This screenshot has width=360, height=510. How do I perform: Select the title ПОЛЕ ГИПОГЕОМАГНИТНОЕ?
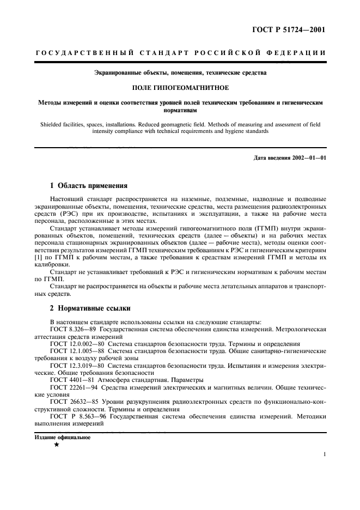180,86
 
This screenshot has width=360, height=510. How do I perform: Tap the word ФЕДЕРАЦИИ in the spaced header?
297,53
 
